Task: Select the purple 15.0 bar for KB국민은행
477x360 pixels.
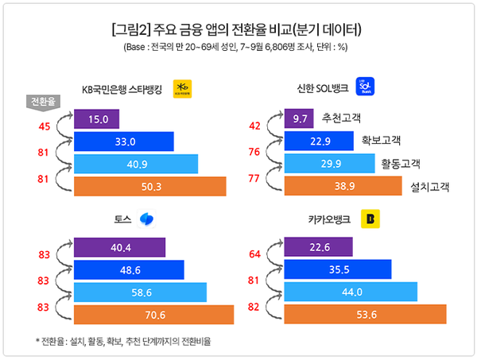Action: coord(96,120)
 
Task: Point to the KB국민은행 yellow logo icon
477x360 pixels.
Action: coord(184,87)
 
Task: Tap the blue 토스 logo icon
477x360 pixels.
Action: coord(147,219)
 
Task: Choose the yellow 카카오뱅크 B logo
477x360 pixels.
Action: coord(370,219)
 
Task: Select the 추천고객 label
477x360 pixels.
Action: coord(343,118)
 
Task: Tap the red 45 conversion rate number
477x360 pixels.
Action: coord(44,126)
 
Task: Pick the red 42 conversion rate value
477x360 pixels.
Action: coord(254,126)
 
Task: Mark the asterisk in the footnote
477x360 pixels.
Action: coord(37,342)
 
